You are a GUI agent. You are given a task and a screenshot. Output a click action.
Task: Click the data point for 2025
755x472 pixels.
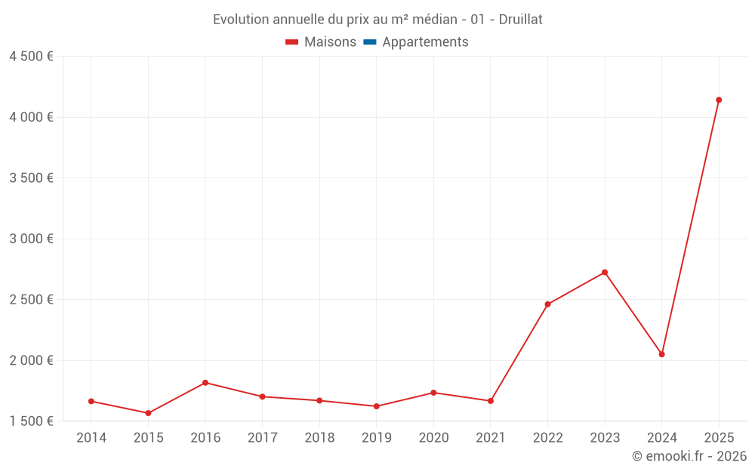(719, 100)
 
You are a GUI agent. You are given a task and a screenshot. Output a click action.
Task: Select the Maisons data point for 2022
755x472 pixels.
(547, 304)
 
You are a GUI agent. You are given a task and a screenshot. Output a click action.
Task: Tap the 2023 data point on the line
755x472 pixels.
(605, 273)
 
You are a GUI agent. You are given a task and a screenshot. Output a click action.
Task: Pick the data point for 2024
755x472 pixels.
(661, 354)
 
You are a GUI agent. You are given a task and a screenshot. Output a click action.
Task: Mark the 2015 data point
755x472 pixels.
(148, 413)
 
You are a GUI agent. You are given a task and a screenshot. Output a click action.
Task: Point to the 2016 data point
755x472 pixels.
(205, 383)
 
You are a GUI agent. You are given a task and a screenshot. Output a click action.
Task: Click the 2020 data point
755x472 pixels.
(433, 393)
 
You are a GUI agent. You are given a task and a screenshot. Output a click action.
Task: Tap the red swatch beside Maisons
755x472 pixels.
(292, 42)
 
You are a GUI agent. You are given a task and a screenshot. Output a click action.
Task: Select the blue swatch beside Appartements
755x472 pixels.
(370, 42)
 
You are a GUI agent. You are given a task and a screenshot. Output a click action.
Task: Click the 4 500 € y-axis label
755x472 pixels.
(31, 57)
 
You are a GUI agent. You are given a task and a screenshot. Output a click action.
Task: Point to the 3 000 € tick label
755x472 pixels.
(31, 239)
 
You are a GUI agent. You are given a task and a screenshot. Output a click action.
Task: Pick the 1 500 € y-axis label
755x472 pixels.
(31, 421)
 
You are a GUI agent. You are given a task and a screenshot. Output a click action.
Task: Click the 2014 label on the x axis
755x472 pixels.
(91, 438)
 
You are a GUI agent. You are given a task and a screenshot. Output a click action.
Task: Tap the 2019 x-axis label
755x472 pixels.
(377, 438)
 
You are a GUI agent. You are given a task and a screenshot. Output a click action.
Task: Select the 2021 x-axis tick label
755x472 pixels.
(491, 438)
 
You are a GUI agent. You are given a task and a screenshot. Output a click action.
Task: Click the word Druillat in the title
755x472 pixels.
(520, 20)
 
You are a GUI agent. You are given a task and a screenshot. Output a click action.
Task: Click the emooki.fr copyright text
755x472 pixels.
(689, 456)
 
